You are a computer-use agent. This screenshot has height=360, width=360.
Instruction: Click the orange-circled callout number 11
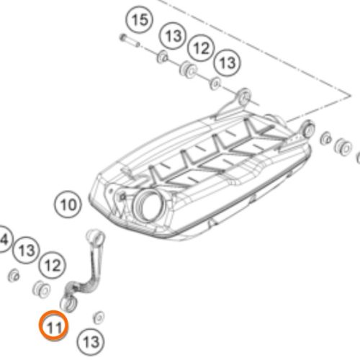(x=54, y=325)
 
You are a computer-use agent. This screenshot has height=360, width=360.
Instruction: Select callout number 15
(x=140, y=20)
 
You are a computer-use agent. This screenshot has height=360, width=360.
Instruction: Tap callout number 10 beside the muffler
(x=68, y=204)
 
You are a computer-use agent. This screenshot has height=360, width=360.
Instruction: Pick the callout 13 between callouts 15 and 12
(x=174, y=36)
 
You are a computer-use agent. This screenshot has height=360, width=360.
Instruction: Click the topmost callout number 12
(x=201, y=48)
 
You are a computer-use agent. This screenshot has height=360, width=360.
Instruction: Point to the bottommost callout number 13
(x=91, y=341)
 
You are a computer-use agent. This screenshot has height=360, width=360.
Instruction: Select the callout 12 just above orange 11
(x=53, y=265)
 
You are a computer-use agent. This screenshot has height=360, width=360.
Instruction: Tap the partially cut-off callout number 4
(x=4, y=239)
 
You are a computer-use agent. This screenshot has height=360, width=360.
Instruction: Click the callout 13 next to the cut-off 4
(x=27, y=250)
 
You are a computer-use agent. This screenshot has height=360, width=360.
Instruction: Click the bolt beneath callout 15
(x=130, y=40)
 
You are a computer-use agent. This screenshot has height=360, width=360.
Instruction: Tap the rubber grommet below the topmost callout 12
(x=188, y=70)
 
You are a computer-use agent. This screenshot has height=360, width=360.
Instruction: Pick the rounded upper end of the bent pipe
(x=95, y=236)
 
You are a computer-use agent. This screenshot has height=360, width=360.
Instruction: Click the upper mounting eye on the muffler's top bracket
(x=244, y=96)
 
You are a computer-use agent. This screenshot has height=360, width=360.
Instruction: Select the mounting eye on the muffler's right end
(x=309, y=129)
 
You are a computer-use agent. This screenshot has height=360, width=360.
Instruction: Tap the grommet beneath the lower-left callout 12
(x=41, y=289)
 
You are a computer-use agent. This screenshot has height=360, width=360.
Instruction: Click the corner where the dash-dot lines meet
(x=351, y=96)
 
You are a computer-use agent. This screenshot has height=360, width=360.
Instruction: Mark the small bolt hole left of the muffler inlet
(x=123, y=197)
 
